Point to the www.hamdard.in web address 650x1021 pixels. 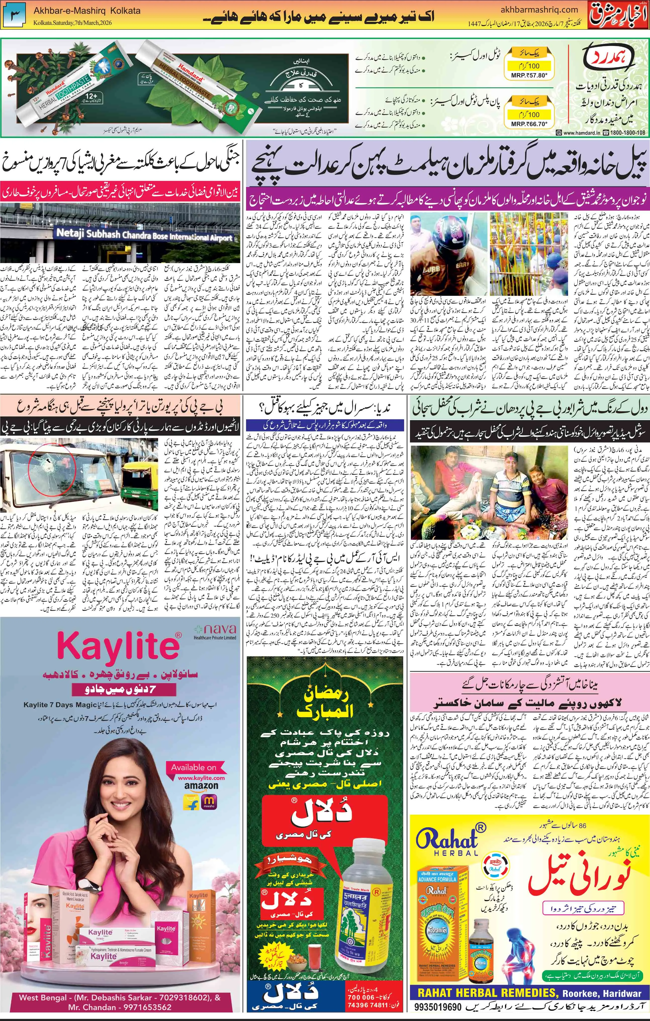point(581,133)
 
